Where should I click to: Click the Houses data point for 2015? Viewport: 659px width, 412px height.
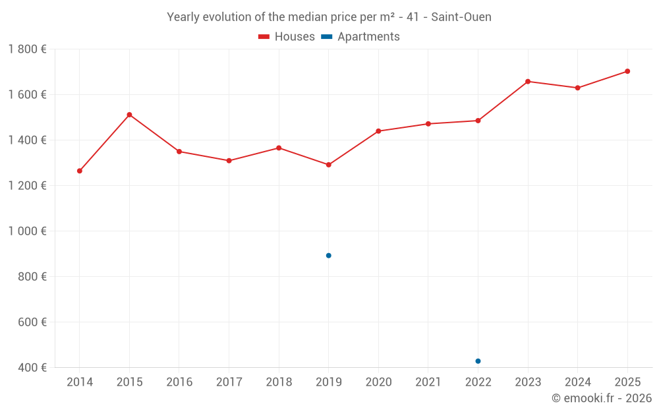point(129,115)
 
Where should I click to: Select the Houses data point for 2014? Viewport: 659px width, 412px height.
point(80,171)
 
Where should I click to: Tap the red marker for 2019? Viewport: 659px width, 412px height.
point(328,165)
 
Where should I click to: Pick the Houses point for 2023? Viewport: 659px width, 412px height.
point(528,82)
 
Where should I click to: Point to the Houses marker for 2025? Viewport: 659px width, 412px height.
point(627,71)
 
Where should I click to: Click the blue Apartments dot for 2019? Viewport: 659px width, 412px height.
point(328,256)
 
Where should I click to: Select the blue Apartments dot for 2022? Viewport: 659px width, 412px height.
point(478,361)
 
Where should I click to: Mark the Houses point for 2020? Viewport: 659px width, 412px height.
point(378,131)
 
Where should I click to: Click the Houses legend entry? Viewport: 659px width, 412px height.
point(287,37)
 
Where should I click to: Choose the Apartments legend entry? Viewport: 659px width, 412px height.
point(360,37)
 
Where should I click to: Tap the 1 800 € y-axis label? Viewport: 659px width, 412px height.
point(27,49)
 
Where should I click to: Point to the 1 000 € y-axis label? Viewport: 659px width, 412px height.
point(27,231)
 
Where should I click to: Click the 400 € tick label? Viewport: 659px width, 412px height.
point(32,368)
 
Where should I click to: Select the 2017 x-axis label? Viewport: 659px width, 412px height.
point(229,382)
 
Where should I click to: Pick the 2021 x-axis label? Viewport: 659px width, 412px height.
point(428,382)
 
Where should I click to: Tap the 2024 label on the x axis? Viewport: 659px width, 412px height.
point(577,382)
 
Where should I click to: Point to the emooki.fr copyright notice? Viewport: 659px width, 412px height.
point(601,398)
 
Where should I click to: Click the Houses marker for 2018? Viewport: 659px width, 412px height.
point(279,148)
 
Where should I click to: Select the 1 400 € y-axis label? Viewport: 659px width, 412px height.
point(27,140)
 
